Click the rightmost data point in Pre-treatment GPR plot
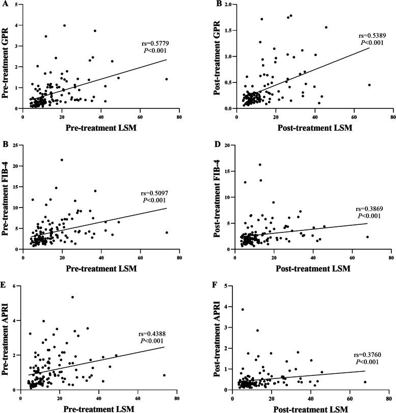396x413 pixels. pos(166,79)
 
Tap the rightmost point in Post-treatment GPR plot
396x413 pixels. pos(369,85)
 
